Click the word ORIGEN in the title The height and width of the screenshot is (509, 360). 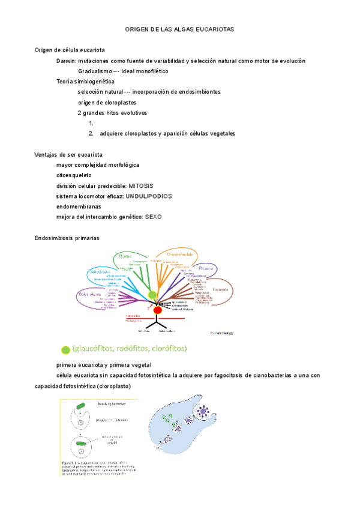pos(136,28)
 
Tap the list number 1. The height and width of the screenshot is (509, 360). pos(91,123)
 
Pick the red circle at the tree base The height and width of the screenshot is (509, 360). pos(158,310)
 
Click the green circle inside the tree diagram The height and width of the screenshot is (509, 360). pos(152,295)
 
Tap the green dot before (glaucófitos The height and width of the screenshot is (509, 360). pos(65,349)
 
